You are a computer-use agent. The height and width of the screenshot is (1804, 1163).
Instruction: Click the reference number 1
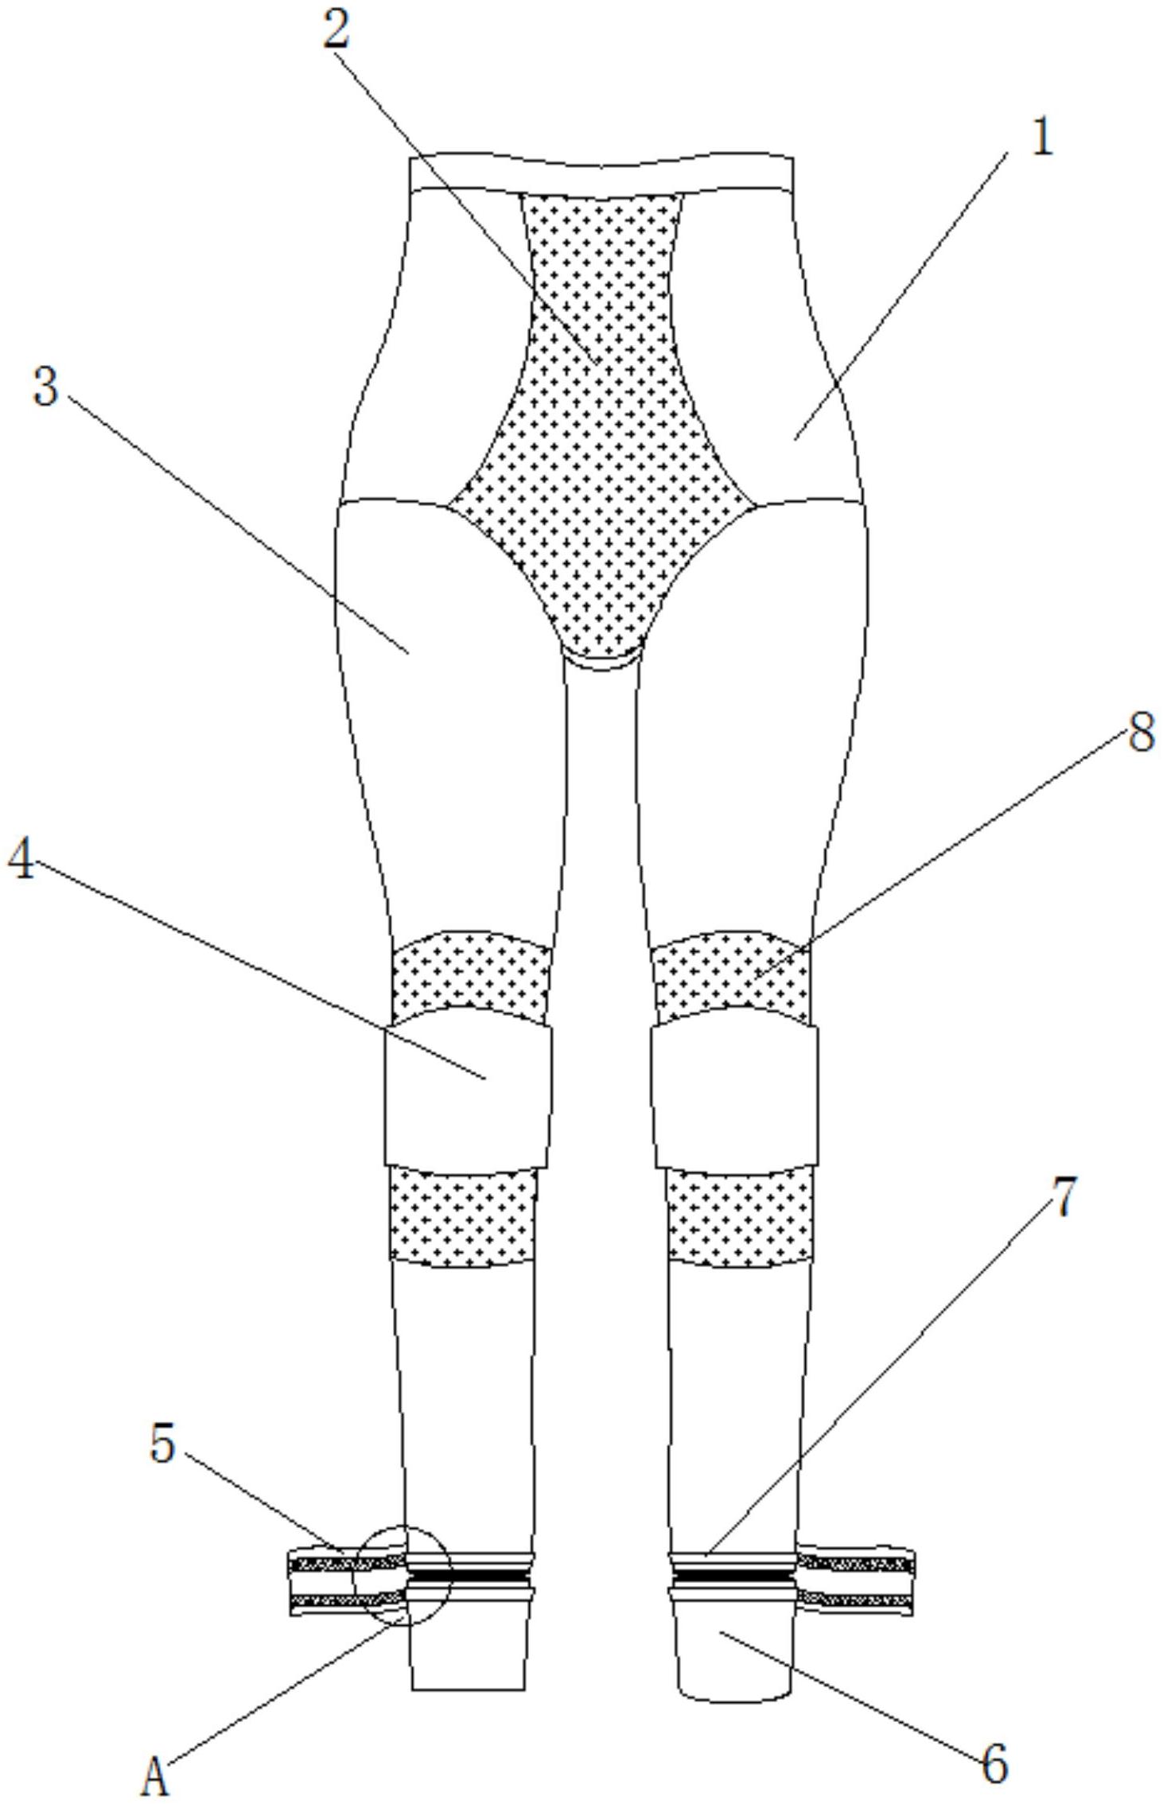[1040, 138]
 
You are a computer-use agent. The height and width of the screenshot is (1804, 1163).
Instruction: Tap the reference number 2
[336, 32]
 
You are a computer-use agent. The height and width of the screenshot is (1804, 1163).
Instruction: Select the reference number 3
[46, 388]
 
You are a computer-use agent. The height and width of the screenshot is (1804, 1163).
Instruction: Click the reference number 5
[162, 1444]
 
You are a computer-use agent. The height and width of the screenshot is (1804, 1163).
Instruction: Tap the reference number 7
[1064, 1196]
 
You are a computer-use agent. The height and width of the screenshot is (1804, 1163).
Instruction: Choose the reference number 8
[1142, 732]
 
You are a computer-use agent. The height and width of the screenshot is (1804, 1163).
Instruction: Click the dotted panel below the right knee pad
[739, 1217]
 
